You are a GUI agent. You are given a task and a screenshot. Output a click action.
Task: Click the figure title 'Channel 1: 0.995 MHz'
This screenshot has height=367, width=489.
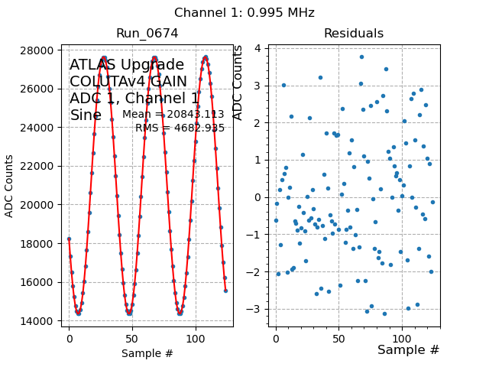point(244,13)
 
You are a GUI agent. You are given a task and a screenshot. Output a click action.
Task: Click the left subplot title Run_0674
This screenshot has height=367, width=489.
point(147,34)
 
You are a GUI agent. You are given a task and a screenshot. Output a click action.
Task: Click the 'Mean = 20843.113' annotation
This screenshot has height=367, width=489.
point(173,115)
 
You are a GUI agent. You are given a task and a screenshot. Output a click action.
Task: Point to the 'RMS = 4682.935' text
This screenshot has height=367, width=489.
point(180,128)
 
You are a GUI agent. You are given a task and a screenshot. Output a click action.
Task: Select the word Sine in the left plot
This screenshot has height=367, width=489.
point(86,115)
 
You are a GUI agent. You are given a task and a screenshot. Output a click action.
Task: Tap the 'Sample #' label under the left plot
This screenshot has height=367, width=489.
point(147,354)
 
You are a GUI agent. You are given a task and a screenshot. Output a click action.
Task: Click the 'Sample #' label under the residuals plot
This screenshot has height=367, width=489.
point(408,350)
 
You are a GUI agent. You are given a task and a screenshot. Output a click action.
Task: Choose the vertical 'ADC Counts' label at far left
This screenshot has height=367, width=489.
point(10,186)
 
